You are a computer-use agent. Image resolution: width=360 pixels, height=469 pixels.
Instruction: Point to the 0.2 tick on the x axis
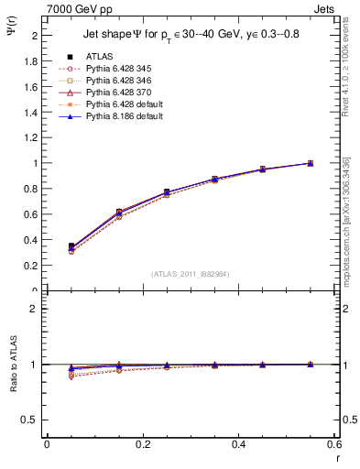click(x=142, y=444)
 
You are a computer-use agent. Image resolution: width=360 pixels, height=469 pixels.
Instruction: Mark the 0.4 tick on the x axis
click(x=238, y=444)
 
